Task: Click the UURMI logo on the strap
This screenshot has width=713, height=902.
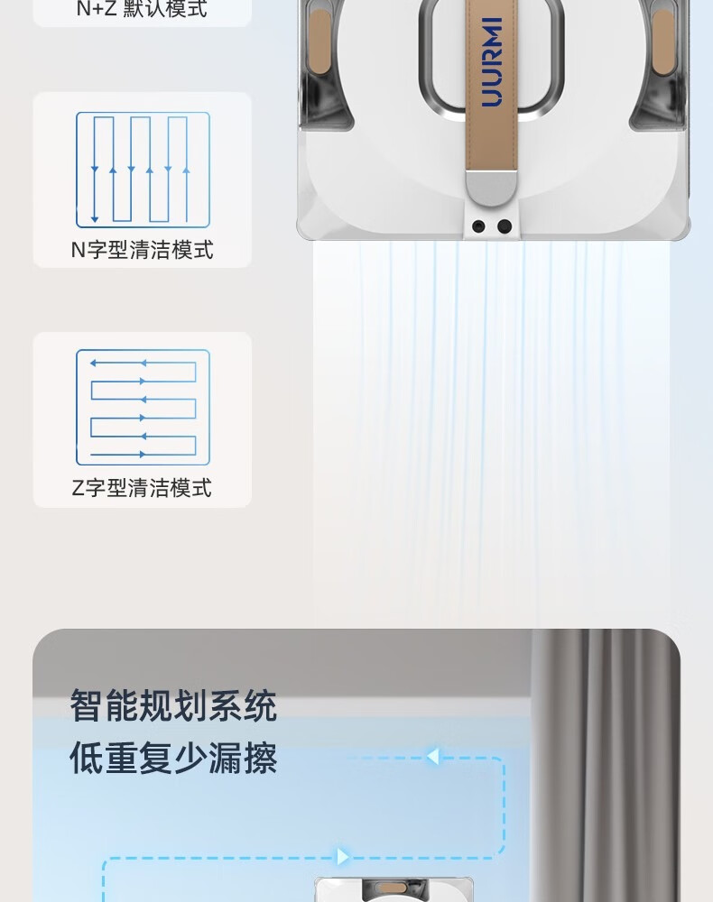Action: click(492, 62)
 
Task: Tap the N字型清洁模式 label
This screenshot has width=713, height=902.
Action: click(142, 250)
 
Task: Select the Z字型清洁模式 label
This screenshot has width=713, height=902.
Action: click(142, 488)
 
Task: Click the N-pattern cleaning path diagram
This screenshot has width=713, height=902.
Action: click(143, 170)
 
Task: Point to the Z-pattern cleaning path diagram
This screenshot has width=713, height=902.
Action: click(143, 408)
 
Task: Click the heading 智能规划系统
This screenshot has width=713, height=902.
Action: click(173, 706)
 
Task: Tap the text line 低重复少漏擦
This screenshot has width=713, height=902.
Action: click(173, 758)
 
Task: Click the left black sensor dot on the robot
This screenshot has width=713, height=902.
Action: click(478, 226)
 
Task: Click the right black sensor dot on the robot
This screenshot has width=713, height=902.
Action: click(505, 226)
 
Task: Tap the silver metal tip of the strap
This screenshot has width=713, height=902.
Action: click(492, 188)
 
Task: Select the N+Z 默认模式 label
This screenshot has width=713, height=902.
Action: click(142, 9)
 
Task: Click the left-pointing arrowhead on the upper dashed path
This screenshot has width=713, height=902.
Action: click(432, 756)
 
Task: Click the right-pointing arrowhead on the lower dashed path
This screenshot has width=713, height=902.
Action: click(343, 857)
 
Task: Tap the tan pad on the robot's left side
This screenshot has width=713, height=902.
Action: click(320, 41)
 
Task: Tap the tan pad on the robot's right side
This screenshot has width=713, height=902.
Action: click(663, 41)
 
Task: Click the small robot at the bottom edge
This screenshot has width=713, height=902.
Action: click(394, 889)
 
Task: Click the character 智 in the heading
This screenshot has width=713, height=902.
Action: click(87, 706)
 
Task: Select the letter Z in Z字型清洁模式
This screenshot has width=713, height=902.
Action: click(79, 488)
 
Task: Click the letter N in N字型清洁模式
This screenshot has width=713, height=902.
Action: click(79, 250)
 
